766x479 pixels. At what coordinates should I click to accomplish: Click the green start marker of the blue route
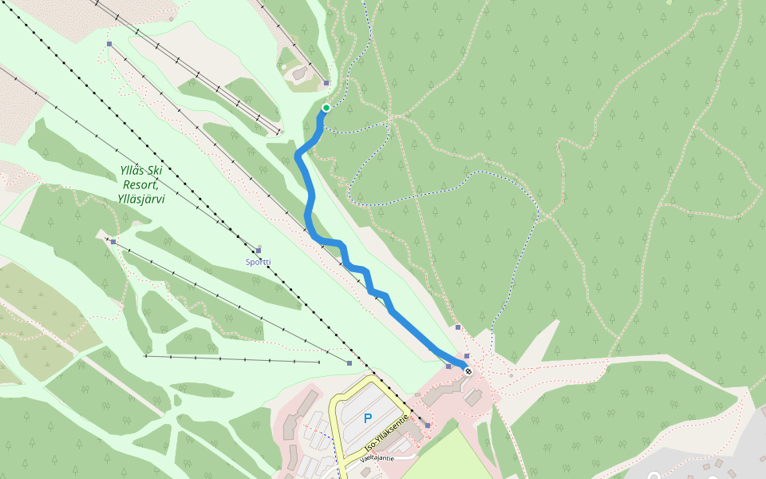point(326,108)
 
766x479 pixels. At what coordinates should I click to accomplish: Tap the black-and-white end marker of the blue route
point(468,371)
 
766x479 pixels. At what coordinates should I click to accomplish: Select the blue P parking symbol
point(368,418)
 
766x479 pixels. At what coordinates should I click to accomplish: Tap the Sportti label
point(258,262)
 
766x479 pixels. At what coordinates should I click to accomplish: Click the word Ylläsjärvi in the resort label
point(140,200)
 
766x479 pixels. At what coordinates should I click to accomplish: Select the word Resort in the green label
point(140,184)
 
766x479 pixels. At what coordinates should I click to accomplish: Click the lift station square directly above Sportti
point(259,251)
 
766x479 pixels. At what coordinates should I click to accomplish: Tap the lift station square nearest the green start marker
point(326,83)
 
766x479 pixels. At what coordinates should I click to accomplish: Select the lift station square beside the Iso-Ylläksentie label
point(428,426)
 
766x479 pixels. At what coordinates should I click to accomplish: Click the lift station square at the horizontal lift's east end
point(349,363)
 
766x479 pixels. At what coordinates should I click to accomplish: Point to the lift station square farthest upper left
point(109,44)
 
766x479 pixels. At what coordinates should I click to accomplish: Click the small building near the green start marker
point(299,74)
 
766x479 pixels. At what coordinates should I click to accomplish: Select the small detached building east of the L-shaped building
point(473,397)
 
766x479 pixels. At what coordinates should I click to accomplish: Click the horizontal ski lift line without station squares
point(231,359)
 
